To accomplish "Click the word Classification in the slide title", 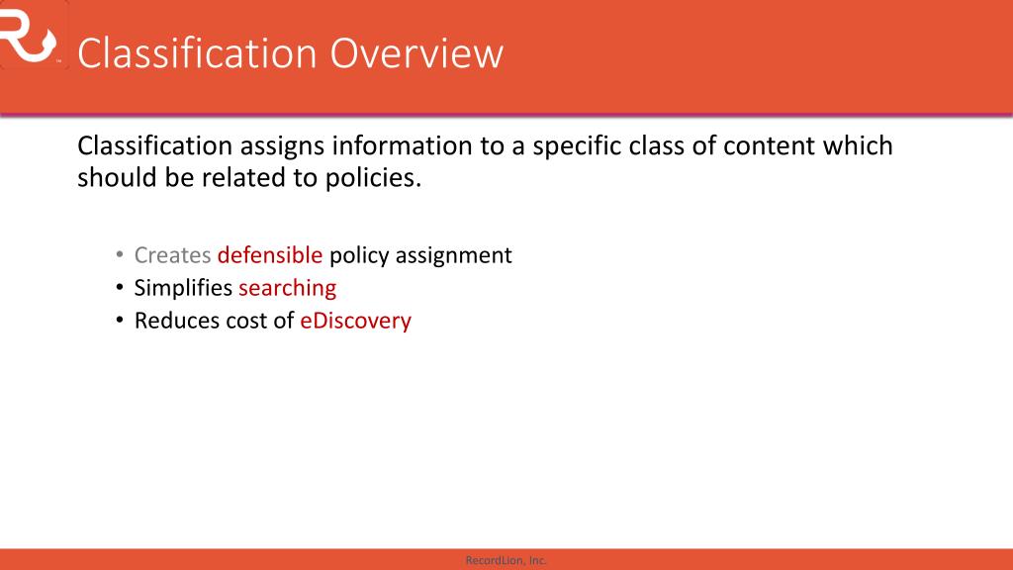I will [x=198, y=53].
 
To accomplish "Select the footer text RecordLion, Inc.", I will [x=506, y=560].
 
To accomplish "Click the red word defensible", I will [x=270, y=255].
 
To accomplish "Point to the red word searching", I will [x=287, y=288].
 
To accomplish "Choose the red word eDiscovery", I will [x=355, y=321].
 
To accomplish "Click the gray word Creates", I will [x=172, y=255].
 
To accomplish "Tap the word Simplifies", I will [x=183, y=288].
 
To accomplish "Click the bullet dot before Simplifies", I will [x=119, y=289].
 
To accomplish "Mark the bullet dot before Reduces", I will [x=119, y=322].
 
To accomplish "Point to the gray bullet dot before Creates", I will [x=119, y=256].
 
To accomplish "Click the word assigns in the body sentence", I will [x=283, y=146].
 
